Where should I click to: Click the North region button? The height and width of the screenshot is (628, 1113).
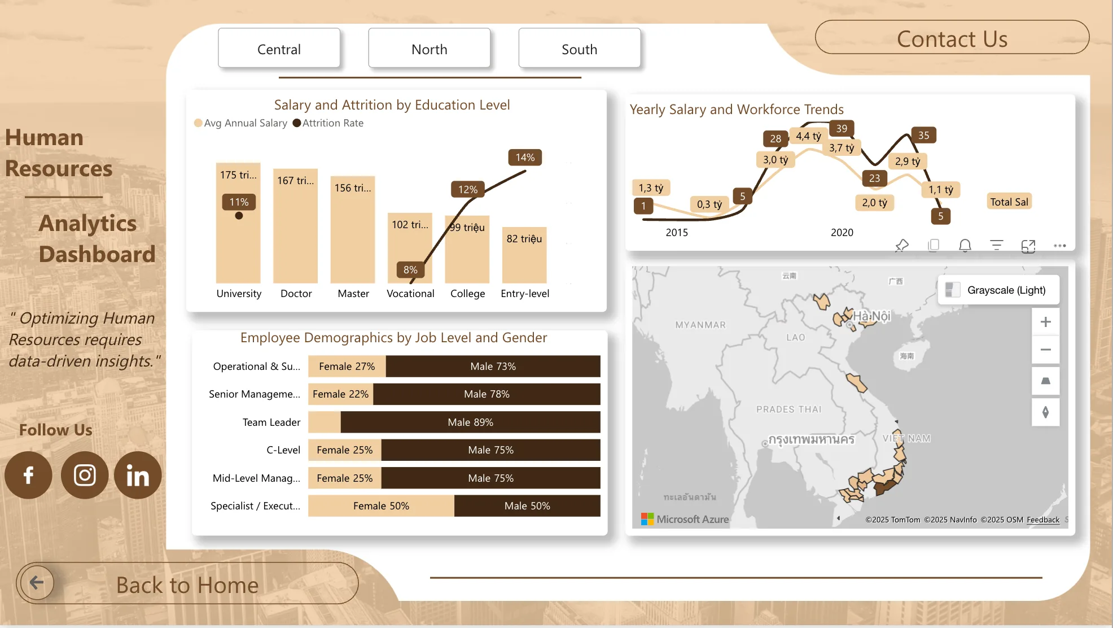429,49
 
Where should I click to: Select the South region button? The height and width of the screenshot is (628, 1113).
579,49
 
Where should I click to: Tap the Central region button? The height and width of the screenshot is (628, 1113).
279,49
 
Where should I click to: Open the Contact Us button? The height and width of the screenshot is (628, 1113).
952,38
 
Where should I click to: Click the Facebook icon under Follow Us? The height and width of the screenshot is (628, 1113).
28,475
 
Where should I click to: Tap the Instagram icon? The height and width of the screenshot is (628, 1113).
85,475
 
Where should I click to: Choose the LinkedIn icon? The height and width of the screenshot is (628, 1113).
138,475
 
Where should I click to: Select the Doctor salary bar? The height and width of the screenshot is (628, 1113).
296,226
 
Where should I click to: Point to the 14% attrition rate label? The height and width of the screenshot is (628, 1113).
525,158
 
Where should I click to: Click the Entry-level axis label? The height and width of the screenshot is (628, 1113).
525,294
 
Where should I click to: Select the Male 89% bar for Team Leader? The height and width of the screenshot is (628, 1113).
470,422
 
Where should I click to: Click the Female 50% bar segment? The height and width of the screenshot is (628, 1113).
381,506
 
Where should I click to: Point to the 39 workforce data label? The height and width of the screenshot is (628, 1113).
842,129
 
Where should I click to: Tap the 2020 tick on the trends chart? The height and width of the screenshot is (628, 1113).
842,233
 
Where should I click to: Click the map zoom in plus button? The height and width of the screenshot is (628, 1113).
1045,322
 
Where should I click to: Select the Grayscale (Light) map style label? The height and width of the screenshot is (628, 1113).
1006,290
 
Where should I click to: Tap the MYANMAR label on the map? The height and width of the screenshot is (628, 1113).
700,325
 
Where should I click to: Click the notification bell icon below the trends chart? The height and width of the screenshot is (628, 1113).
965,245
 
